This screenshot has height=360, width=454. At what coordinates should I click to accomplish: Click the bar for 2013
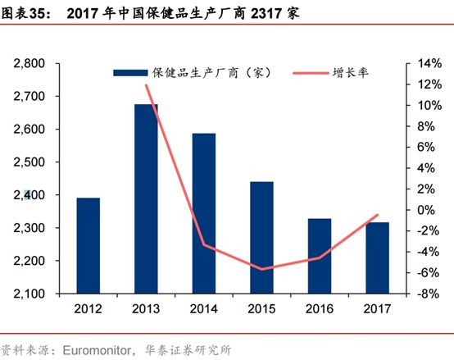(146, 198)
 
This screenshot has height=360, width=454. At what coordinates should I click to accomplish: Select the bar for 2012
(88, 245)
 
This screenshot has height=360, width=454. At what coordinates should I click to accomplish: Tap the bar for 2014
(204, 213)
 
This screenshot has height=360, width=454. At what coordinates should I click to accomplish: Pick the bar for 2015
(262, 237)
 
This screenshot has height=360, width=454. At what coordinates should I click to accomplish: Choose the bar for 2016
(320, 256)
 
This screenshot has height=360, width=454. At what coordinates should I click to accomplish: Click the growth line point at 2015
(262, 269)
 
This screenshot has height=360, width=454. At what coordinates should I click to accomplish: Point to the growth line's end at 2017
(378, 215)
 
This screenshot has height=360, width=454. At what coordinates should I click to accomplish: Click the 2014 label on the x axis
(204, 310)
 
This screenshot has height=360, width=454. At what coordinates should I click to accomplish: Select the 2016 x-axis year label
(320, 310)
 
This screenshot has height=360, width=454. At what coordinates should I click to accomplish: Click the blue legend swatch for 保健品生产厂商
(131, 72)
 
